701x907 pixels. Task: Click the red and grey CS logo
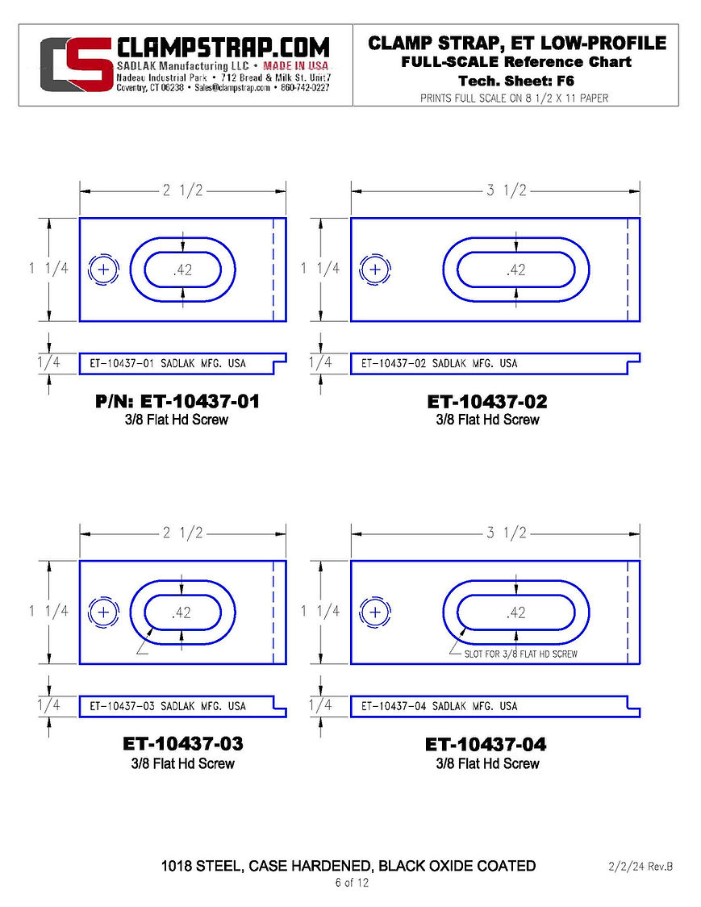click(77, 65)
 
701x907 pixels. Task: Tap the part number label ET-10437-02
click(487, 401)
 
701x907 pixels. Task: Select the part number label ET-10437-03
click(183, 744)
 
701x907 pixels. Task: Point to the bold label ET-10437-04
click(487, 744)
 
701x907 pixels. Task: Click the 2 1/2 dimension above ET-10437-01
click(182, 190)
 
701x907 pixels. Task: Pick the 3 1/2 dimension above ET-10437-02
click(506, 190)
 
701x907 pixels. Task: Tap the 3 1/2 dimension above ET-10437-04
click(506, 533)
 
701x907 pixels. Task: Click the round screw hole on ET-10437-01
click(102, 270)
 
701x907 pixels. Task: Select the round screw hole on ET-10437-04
click(374, 612)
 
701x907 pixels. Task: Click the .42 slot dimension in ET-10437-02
click(515, 270)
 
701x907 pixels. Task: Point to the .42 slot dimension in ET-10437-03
click(182, 612)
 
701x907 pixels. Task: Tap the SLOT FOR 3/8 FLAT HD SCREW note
click(520, 654)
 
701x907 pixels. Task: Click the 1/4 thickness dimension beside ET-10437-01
click(48, 362)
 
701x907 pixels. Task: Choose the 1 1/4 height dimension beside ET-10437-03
click(48, 611)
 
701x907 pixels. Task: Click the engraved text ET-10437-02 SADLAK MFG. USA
click(440, 363)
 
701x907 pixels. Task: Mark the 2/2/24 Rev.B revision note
click(640, 867)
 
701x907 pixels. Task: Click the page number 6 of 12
click(352, 883)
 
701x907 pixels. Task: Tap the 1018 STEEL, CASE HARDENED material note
click(348, 866)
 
